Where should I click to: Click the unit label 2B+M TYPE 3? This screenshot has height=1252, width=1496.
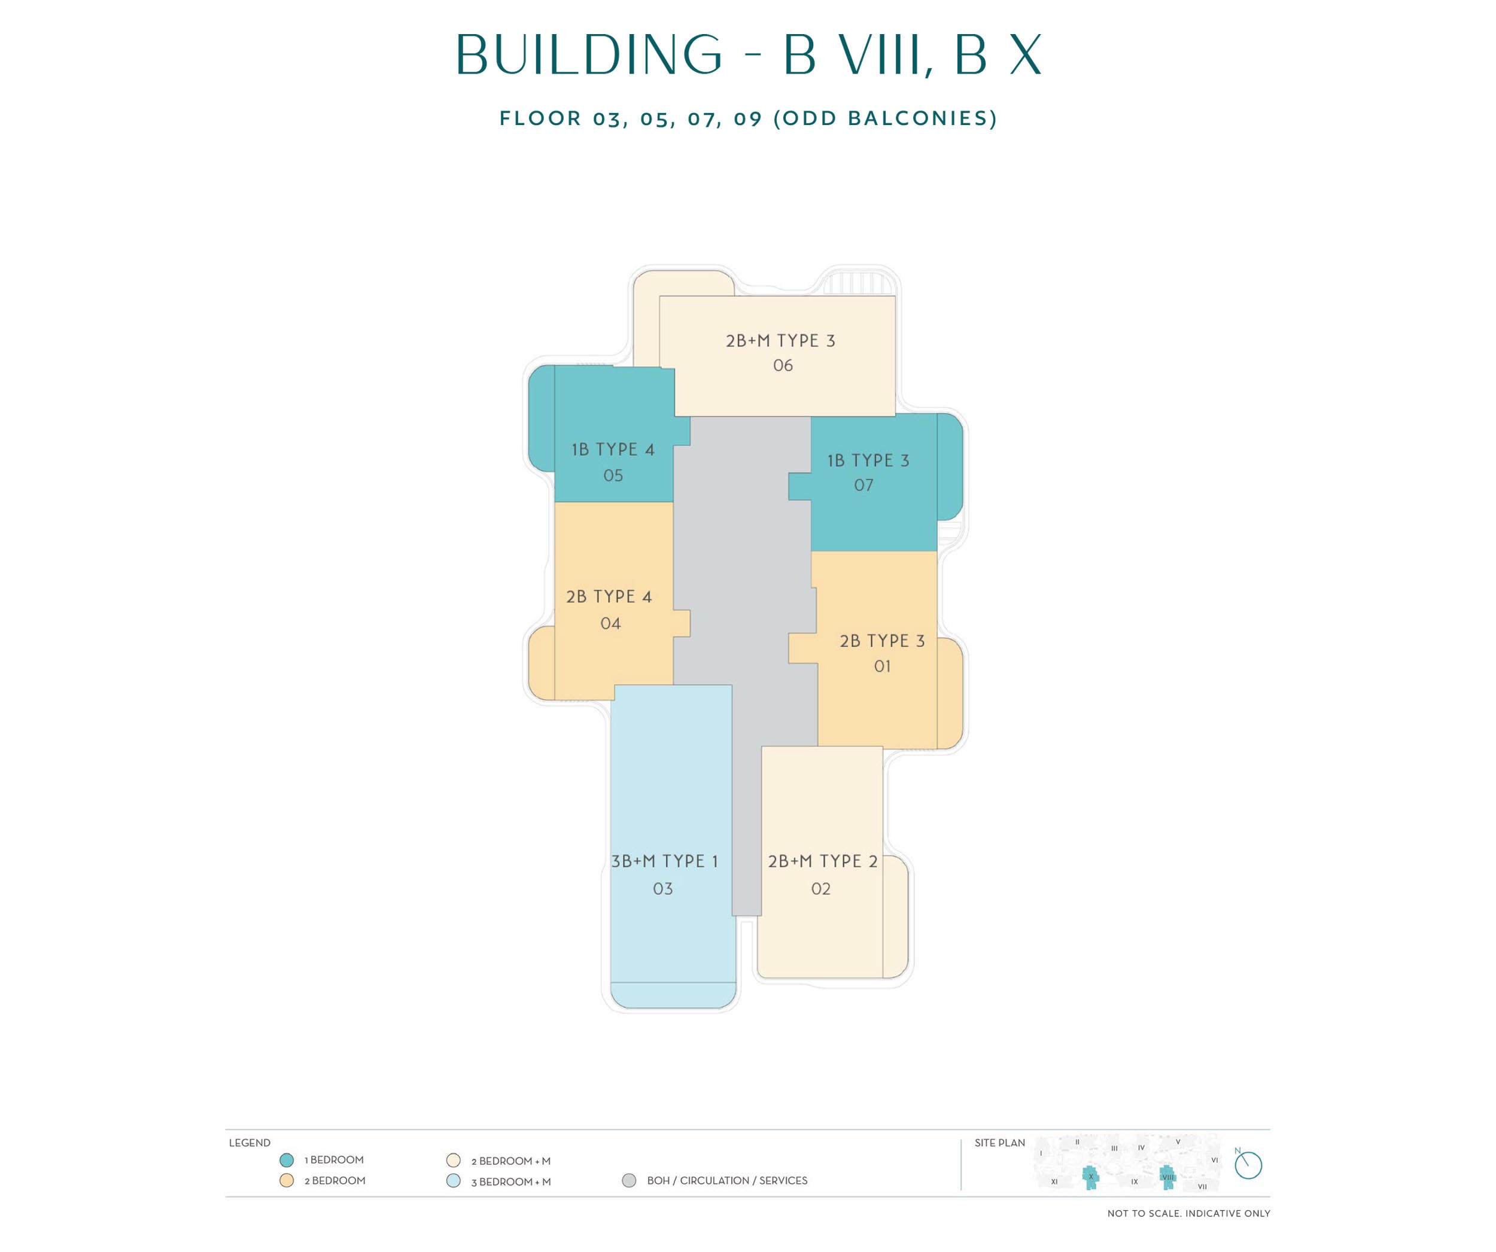click(x=780, y=340)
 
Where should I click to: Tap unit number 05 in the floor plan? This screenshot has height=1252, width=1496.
click(x=613, y=475)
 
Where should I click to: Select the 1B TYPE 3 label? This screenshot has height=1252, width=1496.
click(x=868, y=460)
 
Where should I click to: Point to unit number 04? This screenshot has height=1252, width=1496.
click(x=610, y=623)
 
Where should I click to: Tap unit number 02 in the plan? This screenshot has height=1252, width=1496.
click(x=820, y=888)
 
